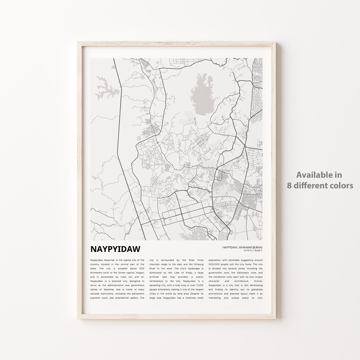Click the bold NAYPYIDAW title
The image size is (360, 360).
tap(115, 249)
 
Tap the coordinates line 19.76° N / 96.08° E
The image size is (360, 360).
tap(249, 251)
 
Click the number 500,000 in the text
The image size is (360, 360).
tap(215, 264)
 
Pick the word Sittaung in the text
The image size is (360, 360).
tap(195, 264)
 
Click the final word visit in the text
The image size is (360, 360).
tap(260, 298)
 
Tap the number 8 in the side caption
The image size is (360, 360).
tap(290, 185)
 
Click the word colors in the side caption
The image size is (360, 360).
tap(342, 185)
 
